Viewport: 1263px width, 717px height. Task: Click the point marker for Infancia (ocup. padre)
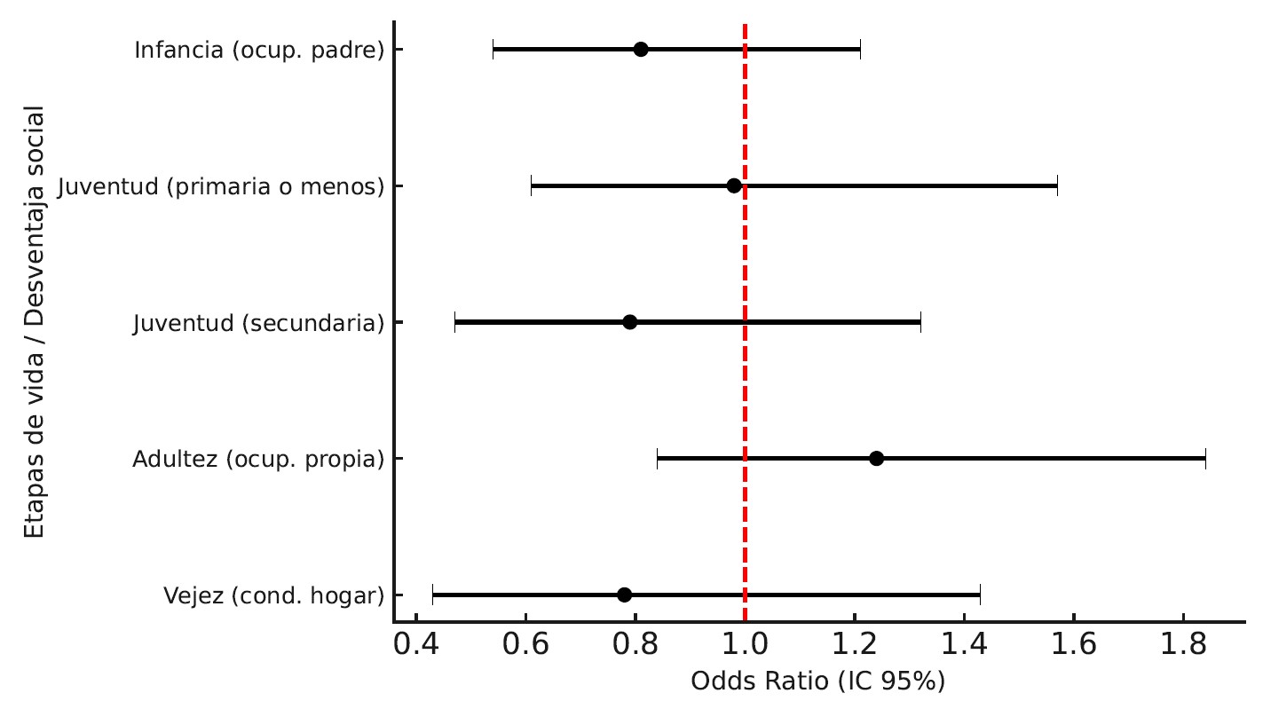[x=641, y=50]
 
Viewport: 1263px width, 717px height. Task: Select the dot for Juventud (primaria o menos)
[x=734, y=186]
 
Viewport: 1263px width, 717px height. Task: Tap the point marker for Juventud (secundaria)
[x=629, y=322]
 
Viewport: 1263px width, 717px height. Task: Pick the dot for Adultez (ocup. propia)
[x=876, y=459]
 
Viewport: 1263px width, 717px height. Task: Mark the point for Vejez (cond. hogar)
[x=624, y=595]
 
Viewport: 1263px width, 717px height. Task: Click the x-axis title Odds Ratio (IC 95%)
[x=817, y=682]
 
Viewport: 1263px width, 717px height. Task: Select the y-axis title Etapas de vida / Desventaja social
[x=35, y=322]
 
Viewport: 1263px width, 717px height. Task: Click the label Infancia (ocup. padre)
[x=259, y=50]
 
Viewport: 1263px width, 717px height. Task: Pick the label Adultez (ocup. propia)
[x=258, y=459]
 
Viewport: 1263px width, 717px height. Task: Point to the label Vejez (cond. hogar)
[x=274, y=595]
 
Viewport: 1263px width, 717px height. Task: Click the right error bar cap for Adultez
[x=1205, y=459]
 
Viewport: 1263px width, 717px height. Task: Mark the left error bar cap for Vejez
[x=432, y=595]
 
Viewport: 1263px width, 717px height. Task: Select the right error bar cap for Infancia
[x=860, y=50]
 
